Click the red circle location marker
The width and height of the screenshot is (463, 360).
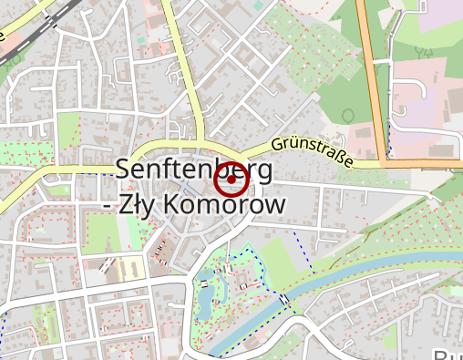231,180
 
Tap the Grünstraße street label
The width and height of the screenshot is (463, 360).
313,152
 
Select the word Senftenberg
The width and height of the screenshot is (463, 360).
193,170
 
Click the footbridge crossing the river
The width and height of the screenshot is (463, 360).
286,299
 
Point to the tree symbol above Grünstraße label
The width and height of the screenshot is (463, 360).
348,115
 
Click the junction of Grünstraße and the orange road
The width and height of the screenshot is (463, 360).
380,164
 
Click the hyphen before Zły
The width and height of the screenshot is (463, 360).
108,208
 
